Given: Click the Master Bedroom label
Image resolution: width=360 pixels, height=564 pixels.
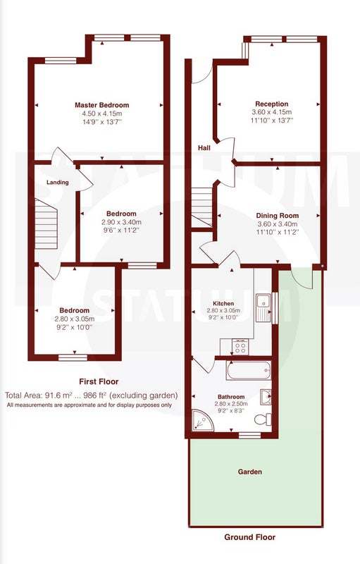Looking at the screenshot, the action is (101, 105).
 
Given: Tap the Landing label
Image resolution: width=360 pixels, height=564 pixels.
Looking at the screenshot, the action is (58, 183).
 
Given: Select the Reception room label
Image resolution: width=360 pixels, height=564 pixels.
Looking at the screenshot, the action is (272, 104).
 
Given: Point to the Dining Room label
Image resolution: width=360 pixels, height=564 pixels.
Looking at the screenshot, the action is (277, 216).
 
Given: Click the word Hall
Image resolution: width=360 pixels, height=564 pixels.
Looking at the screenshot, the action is (204, 148).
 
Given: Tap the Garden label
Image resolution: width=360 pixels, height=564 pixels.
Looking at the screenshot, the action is (249, 472).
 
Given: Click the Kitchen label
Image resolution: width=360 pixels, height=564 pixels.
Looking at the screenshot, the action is (223, 304).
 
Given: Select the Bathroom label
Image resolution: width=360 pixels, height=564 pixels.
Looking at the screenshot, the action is (231, 397).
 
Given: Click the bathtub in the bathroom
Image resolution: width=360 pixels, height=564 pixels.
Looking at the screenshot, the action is (249, 371).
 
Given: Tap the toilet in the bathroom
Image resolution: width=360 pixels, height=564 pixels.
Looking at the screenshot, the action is (263, 419).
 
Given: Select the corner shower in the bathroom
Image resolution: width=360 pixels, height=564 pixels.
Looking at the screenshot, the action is (202, 420).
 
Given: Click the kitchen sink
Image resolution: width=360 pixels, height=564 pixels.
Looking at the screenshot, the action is (263, 308).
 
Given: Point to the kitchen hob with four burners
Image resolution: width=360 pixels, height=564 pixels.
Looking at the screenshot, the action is (240, 347).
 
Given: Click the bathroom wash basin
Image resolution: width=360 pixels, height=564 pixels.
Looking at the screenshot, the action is (266, 397).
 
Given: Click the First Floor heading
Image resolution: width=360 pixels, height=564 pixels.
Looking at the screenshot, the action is (99, 381).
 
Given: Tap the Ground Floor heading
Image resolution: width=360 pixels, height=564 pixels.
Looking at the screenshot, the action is (249, 537).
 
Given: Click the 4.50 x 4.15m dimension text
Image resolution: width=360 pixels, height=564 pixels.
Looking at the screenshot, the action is (102, 114).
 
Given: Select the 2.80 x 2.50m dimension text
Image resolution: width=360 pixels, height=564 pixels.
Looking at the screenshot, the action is (231, 403).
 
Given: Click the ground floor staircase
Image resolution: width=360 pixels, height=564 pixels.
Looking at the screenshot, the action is (202, 207).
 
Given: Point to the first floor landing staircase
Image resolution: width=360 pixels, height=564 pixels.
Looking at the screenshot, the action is (46, 223).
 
